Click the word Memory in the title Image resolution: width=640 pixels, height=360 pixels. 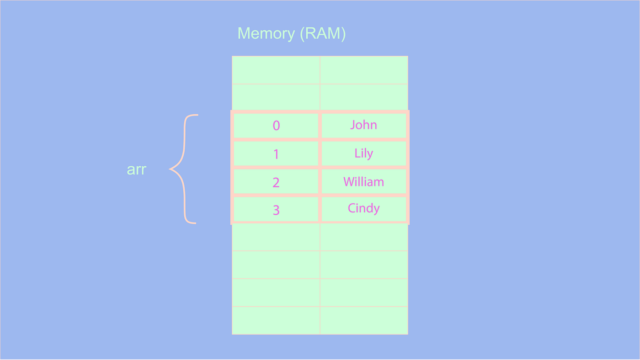click(x=267, y=33)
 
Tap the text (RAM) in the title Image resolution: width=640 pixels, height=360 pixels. click(x=323, y=33)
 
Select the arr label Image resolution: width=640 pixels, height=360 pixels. click(x=136, y=169)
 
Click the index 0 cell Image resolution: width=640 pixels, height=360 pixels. click(x=276, y=126)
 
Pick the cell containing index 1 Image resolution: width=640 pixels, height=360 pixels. click(x=276, y=154)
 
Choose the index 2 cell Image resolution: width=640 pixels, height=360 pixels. click(x=276, y=182)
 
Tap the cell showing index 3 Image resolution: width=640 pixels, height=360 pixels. click(x=276, y=210)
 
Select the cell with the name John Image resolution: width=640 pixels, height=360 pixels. click(x=363, y=125)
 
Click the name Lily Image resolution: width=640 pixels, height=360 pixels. click(x=363, y=153)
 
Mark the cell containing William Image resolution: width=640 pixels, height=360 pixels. click(x=363, y=182)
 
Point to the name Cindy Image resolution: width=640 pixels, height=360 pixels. click(x=363, y=208)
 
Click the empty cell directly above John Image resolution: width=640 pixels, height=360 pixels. click(x=364, y=97)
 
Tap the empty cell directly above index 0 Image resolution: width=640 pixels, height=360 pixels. click(x=276, y=97)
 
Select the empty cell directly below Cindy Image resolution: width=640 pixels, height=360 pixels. click(x=364, y=237)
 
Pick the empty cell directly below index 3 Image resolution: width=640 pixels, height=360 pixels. click(x=276, y=237)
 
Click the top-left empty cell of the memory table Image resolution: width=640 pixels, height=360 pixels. click(x=276, y=70)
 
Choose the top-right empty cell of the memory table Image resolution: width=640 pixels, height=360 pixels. click(x=364, y=70)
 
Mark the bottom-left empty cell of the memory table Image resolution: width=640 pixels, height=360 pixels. click(x=276, y=320)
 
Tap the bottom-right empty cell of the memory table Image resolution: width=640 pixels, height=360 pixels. click(x=364, y=320)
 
